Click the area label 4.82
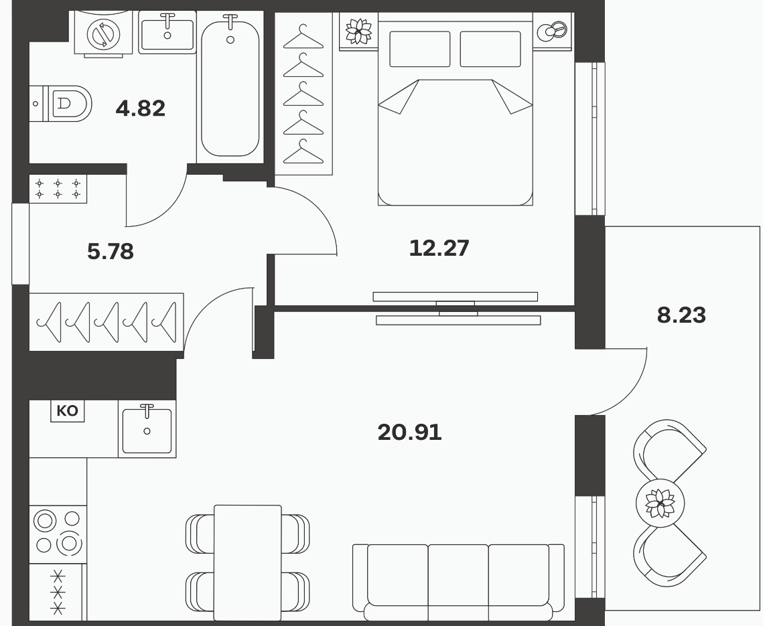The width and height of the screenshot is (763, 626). (141, 108)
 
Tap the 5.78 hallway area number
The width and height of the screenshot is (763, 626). (111, 252)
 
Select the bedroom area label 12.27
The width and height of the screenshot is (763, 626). (439, 248)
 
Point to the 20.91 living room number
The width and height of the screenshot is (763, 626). (410, 433)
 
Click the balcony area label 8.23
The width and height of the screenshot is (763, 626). (681, 315)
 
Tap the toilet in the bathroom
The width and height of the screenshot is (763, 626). (61, 104)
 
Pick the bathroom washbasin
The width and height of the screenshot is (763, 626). (167, 32)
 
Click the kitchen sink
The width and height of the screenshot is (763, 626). (147, 429)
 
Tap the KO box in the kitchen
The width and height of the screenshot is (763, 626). (68, 411)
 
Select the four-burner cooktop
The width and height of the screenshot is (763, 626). (58, 534)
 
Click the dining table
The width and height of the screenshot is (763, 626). (248, 563)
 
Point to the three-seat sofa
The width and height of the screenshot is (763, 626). (458, 582)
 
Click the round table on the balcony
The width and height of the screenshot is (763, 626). (661, 503)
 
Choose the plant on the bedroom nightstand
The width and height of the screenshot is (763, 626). (358, 31)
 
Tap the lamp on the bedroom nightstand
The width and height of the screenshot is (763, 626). (552, 31)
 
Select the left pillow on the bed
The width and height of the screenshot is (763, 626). (419, 49)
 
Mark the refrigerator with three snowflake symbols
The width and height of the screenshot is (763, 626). (58, 593)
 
